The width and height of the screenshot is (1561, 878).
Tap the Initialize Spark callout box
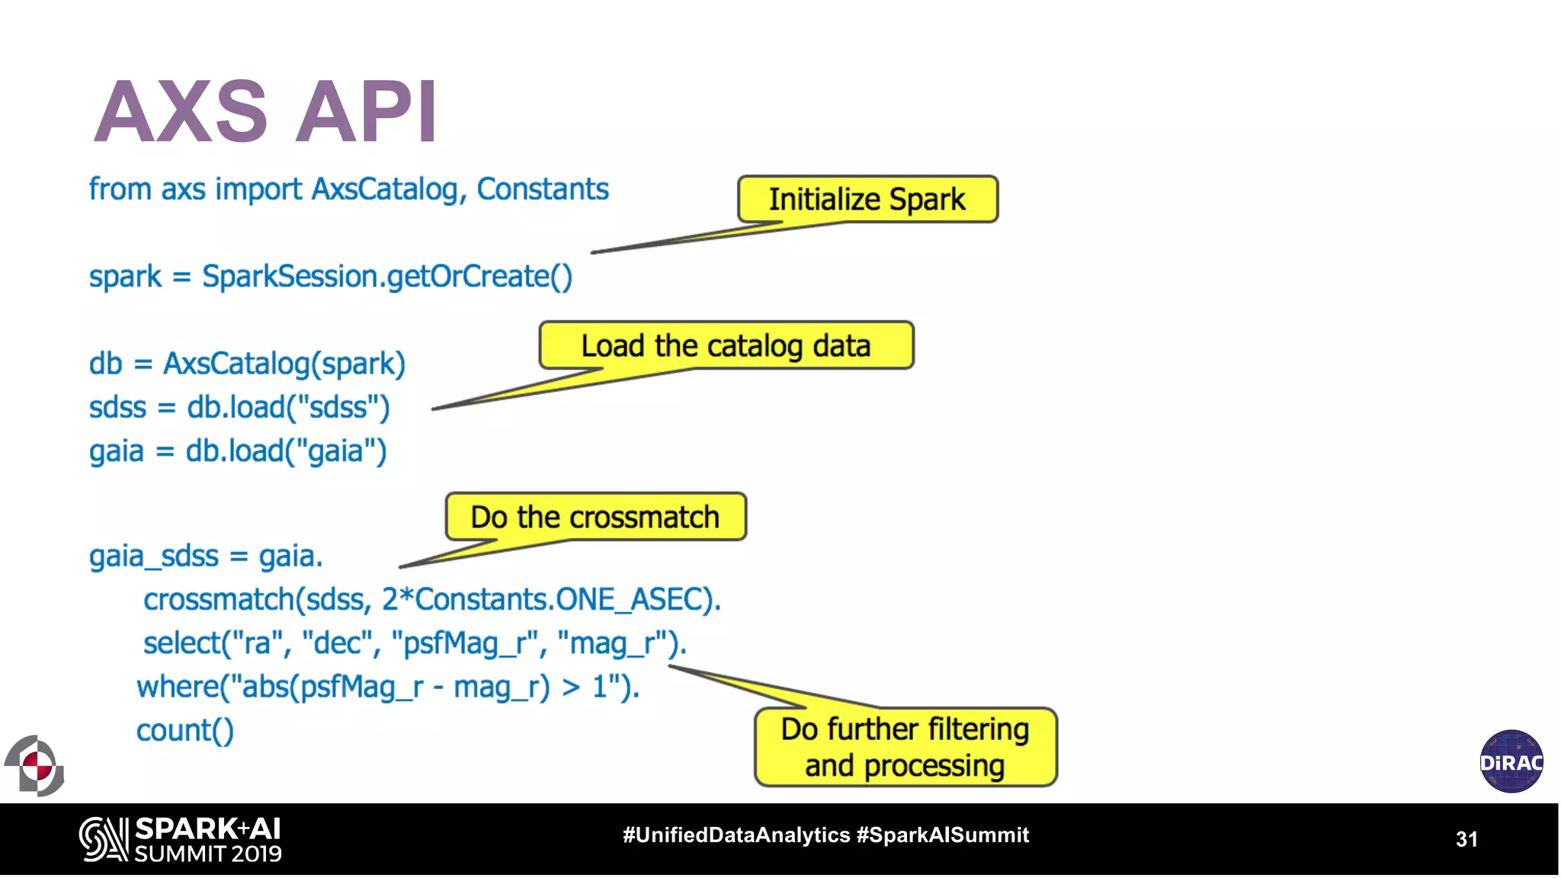[x=867, y=200]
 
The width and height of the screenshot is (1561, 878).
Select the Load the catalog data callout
[x=726, y=345]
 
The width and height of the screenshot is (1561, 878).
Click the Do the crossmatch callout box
[x=595, y=517]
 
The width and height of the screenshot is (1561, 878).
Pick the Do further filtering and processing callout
[x=905, y=747]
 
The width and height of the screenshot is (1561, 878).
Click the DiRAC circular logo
[x=1511, y=761]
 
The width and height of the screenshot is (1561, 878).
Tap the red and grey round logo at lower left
[x=35, y=765]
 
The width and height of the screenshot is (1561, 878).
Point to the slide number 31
[x=1466, y=839]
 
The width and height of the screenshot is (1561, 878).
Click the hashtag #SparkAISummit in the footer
[x=942, y=835]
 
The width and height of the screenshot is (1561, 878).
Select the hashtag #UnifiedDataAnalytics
[x=736, y=835]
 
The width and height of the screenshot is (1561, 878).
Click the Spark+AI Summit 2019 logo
[x=181, y=840]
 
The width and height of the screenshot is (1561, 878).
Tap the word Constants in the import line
[x=543, y=189]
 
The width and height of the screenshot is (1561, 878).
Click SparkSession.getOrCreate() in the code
[x=387, y=277]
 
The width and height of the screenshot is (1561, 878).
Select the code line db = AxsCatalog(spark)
[x=247, y=364]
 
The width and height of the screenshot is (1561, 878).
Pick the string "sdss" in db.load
[x=338, y=408]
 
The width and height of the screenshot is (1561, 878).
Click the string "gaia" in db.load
[x=336, y=451]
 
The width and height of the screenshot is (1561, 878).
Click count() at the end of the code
[x=185, y=731]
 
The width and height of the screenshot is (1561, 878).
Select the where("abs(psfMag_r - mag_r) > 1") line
[x=387, y=687]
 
